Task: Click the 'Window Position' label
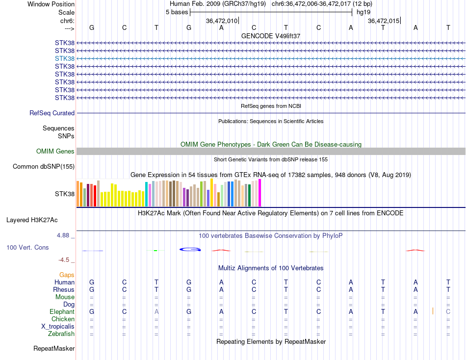tap(51, 4)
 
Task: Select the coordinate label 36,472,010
tap(222, 21)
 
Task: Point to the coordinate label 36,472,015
tap(384, 21)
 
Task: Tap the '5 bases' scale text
tap(177, 12)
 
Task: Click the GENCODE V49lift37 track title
tap(271, 36)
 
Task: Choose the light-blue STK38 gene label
tap(65, 58)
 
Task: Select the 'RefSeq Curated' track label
tap(52, 113)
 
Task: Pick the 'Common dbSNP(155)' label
tap(44, 167)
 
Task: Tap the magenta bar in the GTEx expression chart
tap(259, 193)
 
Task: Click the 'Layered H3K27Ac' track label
tap(32, 220)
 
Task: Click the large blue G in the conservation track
tap(190, 249)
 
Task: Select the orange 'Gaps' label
tap(67, 275)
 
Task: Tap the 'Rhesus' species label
tap(64, 289)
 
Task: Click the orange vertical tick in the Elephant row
tap(433, 311)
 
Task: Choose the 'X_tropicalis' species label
tap(58, 327)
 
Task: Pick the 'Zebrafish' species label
tap(61, 334)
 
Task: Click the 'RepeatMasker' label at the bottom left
tap(54, 349)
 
